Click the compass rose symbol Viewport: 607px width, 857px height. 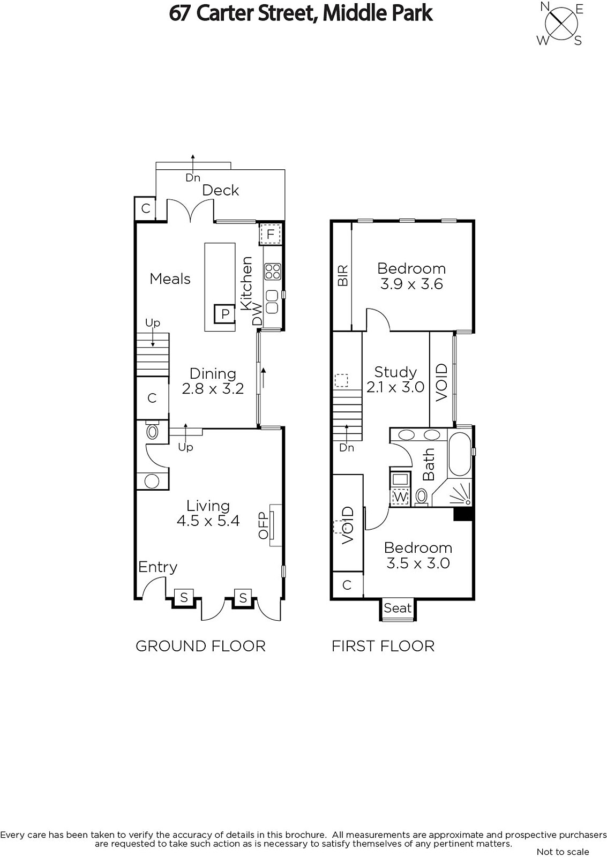[561, 24]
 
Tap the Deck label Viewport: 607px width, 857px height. [220, 191]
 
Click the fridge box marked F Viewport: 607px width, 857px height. [271, 234]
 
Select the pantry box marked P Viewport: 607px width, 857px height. [224, 314]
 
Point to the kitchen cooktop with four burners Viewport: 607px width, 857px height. [273, 271]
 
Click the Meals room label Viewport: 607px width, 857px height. [170, 279]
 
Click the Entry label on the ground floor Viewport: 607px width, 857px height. [158, 567]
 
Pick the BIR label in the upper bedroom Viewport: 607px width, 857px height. [343, 275]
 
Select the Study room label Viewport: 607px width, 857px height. [395, 372]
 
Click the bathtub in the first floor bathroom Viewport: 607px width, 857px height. [460, 454]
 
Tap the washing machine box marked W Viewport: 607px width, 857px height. [400, 497]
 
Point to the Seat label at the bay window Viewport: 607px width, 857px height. [398, 608]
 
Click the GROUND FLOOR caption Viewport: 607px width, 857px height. [200, 646]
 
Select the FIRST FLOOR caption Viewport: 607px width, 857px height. [383, 646]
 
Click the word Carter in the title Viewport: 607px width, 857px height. [220, 14]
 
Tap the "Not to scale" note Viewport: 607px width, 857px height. [563, 852]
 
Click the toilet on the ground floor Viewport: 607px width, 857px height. [153, 431]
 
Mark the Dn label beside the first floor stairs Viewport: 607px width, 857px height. [347, 448]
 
